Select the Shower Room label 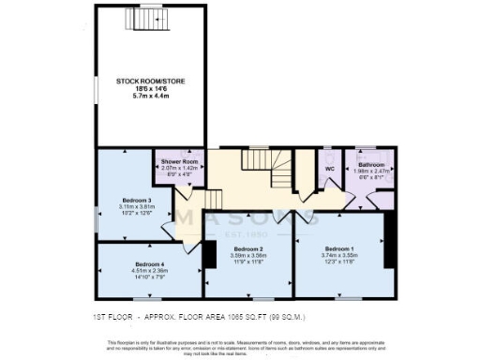coord(174,160)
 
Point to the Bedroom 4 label coord(150,264)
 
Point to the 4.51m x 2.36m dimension coord(150,271)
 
